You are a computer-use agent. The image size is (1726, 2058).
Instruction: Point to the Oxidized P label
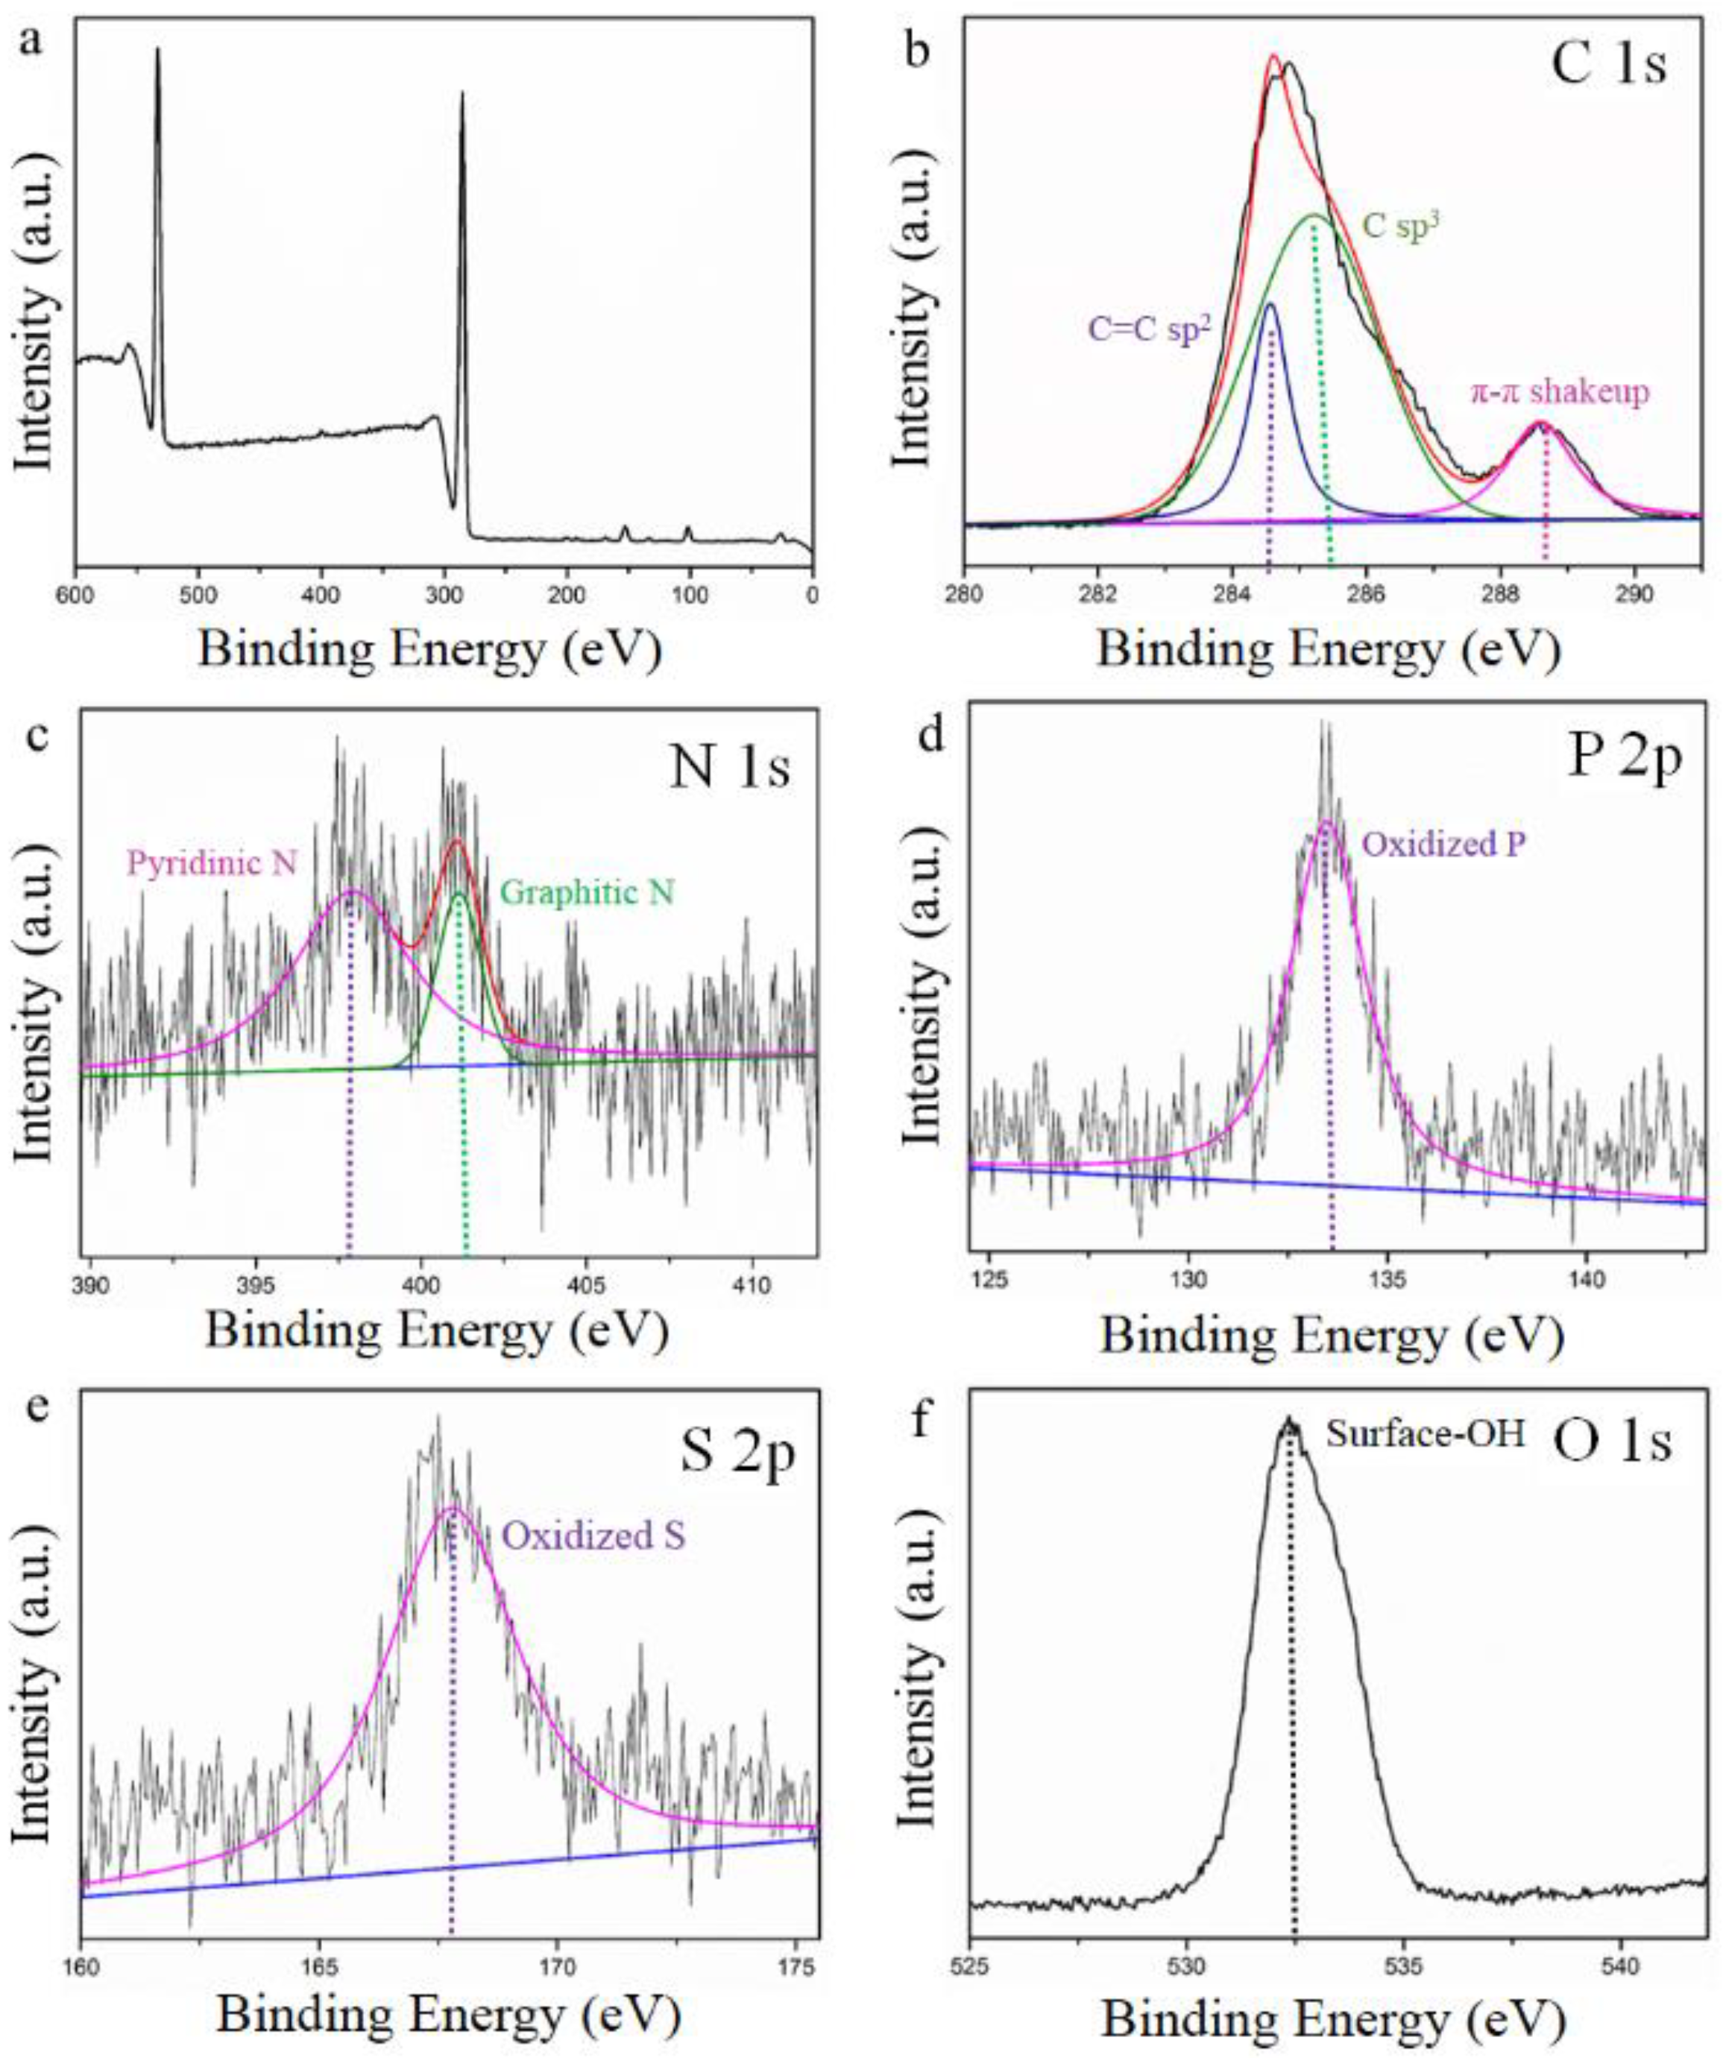coord(1443,844)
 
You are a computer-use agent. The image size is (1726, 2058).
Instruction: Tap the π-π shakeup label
coord(1560,392)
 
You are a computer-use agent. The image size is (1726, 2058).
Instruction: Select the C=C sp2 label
coord(1150,326)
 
